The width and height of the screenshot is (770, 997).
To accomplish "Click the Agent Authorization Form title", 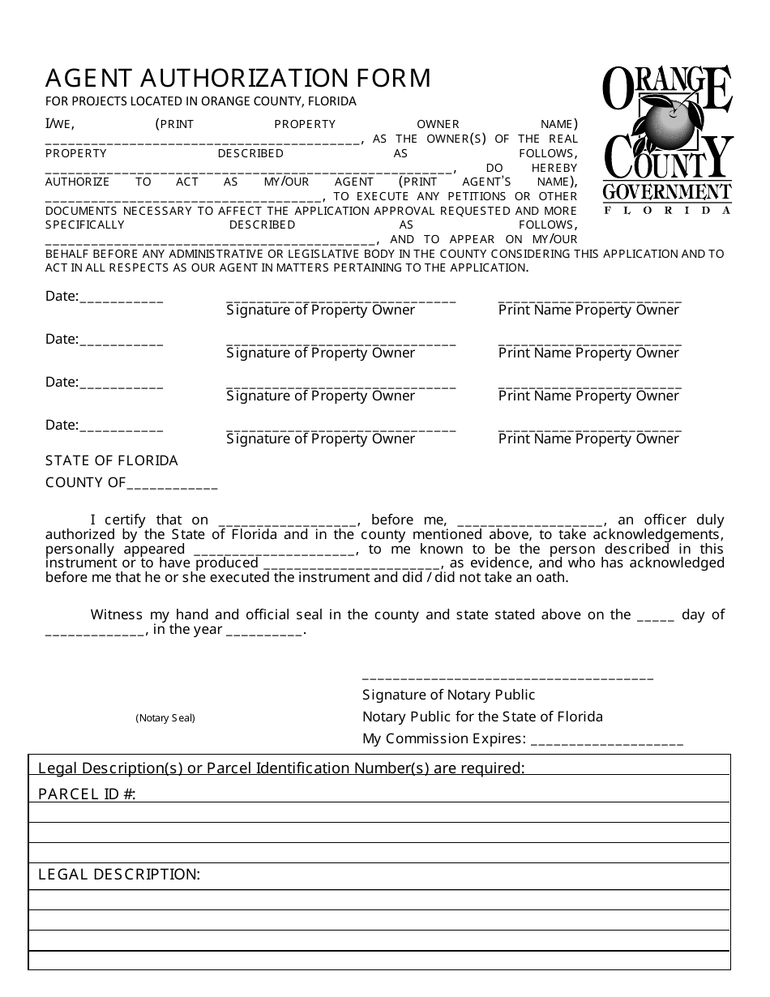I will tap(238, 78).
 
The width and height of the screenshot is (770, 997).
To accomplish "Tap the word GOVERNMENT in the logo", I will tap(666, 192).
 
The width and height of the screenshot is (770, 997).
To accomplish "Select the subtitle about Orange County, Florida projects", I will tap(201, 101).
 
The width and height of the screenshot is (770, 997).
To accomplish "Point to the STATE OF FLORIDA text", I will tap(112, 460).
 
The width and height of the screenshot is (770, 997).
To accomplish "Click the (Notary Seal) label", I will tap(165, 718).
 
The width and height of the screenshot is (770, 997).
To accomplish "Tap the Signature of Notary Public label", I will tap(448, 695).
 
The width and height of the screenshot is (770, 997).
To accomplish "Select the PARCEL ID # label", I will tap(87, 794).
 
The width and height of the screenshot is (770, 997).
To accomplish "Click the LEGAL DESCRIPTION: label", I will tap(119, 875).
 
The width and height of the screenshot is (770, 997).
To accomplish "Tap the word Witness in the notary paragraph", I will tap(116, 614).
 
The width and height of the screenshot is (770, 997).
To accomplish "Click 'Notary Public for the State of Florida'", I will tap(482, 717).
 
